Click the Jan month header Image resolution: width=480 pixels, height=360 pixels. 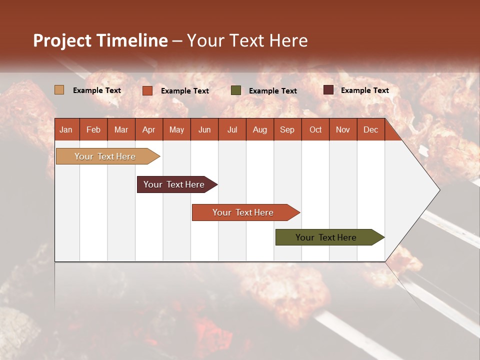click(x=66, y=129)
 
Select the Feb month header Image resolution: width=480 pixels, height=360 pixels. click(x=93, y=129)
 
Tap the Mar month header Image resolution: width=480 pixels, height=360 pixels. click(x=121, y=129)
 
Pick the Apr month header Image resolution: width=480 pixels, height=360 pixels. click(x=149, y=129)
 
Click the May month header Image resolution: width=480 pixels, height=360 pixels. click(x=176, y=129)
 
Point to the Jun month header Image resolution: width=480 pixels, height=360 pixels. click(x=204, y=129)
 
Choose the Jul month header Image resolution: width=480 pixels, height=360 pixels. click(x=232, y=129)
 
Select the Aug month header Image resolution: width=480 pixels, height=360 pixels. click(x=260, y=129)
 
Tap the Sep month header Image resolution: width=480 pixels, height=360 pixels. click(x=287, y=129)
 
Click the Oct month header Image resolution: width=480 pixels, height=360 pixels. click(x=315, y=129)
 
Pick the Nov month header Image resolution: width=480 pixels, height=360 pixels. click(x=343, y=129)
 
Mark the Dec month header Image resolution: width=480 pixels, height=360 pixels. click(x=371, y=129)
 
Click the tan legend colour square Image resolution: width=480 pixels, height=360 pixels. click(x=59, y=90)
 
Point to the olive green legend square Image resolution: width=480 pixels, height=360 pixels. click(x=236, y=90)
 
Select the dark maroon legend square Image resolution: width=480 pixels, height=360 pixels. click(x=328, y=90)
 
